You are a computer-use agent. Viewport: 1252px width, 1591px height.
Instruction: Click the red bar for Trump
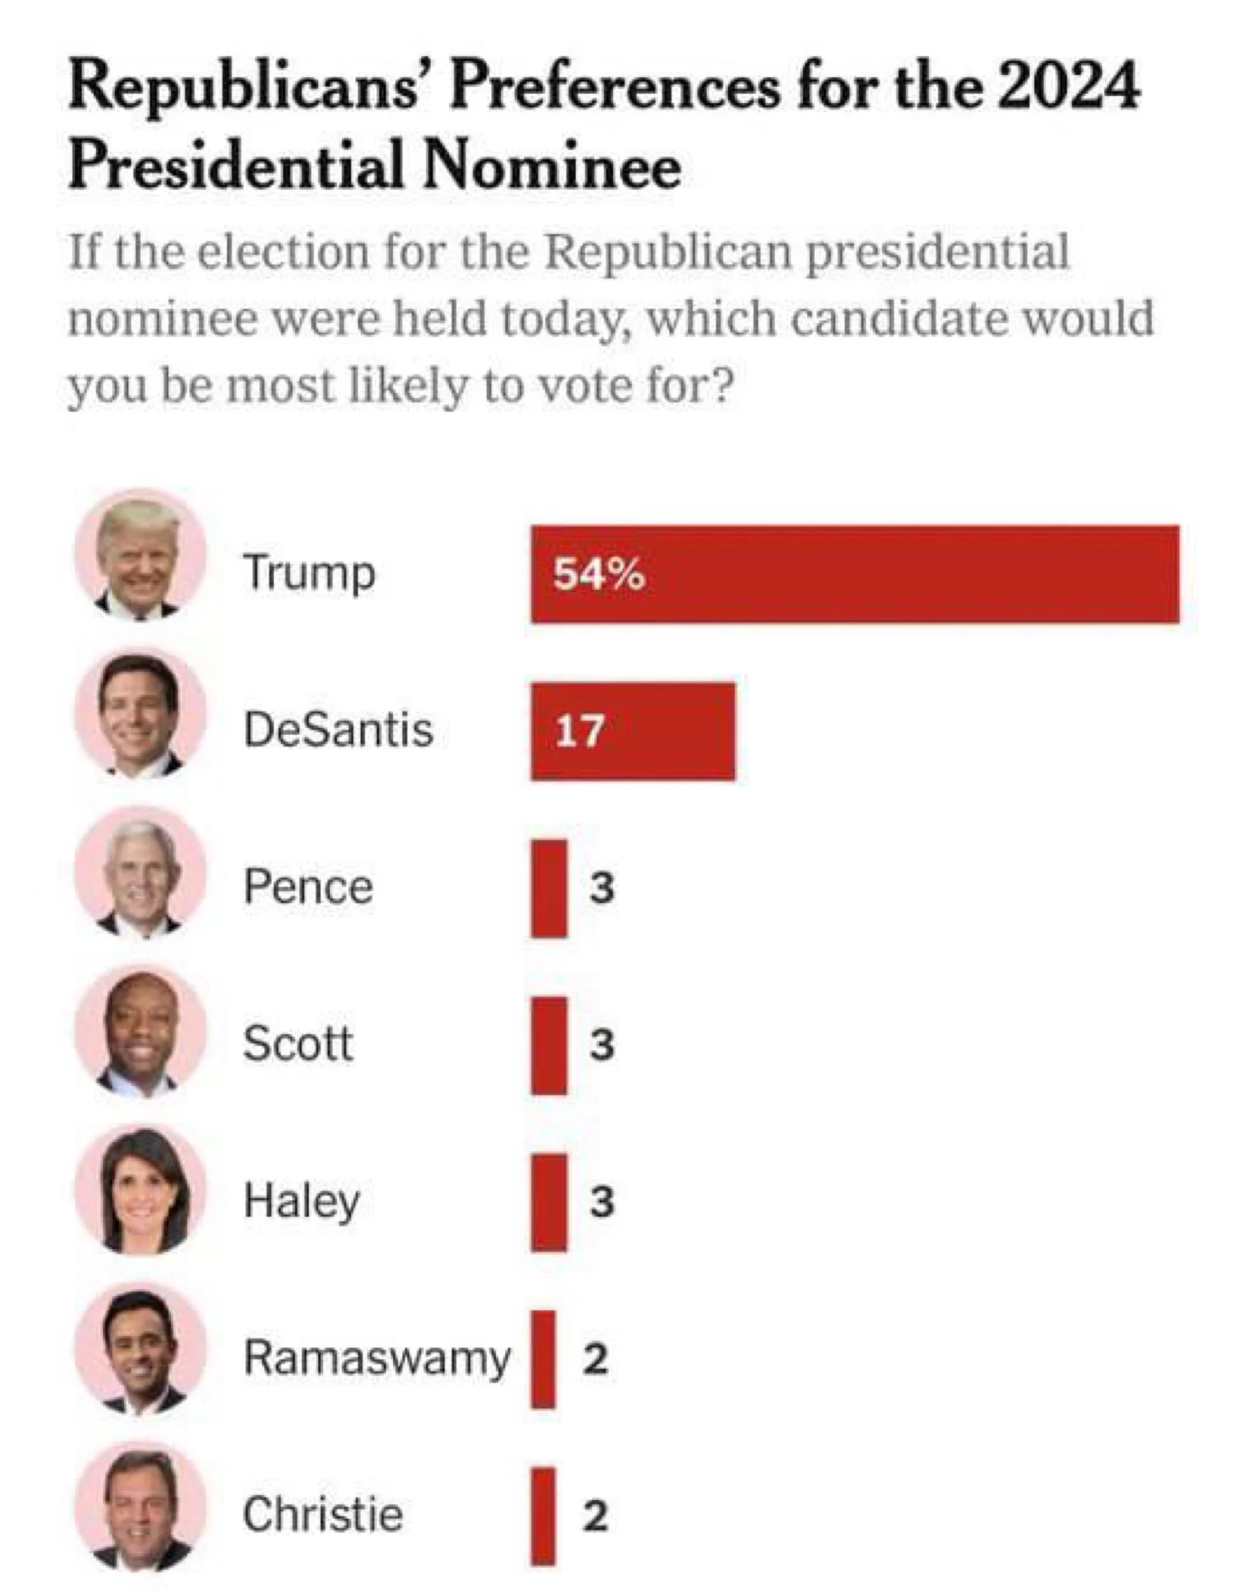tap(855, 574)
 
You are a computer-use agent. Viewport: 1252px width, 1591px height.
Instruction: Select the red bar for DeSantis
tap(633, 731)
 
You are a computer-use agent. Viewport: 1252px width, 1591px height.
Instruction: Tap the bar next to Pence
tap(549, 888)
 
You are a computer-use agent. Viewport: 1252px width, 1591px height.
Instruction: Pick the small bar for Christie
tap(543, 1515)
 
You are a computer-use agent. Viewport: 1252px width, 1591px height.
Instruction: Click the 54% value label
tap(599, 575)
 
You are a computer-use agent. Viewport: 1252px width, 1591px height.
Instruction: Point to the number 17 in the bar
tap(579, 731)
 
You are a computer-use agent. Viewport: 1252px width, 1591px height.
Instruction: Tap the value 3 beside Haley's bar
tap(602, 1202)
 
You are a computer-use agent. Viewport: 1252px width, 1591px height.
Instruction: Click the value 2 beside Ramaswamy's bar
tap(595, 1358)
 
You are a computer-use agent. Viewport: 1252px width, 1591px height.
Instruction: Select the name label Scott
tap(298, 1043)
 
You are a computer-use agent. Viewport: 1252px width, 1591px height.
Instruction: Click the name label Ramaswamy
tap(377, 1357)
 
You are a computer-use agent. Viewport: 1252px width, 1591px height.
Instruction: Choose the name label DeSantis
tap(339, 730)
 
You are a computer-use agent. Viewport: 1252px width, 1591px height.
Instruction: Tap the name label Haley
tap(302, 1202)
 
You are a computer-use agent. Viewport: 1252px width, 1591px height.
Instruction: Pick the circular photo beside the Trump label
tap(140, 557)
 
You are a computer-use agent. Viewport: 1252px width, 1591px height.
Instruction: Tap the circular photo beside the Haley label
tap(140, 1190)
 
